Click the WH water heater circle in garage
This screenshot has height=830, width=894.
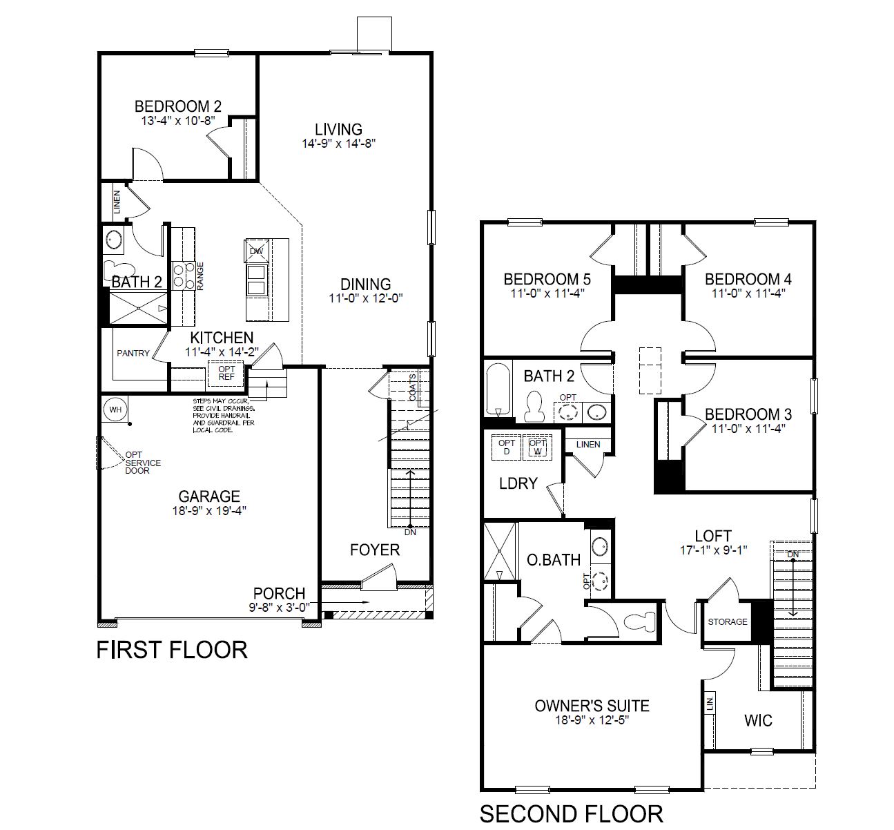(x=115, y=409)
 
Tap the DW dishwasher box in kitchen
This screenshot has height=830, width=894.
(x=257, y=251)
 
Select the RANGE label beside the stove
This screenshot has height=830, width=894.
(x=200, y=276)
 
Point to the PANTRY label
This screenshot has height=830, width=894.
(x=133, y=354)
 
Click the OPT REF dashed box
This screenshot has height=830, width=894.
(x=226, y=374)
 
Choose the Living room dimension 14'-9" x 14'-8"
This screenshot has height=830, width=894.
(x=338, y=144)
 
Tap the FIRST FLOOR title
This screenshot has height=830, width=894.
(x=172, y=650)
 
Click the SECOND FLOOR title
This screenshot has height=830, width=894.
(x=571, y=814)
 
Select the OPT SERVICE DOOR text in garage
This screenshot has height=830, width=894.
(x=143, y=463)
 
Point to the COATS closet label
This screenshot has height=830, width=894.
(x=412, y=387)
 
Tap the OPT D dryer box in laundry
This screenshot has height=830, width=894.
(x=507, y=447)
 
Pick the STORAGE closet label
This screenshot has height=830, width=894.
(x=728, y=622)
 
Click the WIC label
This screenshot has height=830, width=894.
(x=758, y=721)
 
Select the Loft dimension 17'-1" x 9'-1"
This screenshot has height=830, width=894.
(x=714, y=550)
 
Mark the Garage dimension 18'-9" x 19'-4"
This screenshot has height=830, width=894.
(x=209, y=511)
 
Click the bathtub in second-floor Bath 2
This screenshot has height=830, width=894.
(x=498, y=389)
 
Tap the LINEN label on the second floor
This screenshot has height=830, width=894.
(x=588, y=445)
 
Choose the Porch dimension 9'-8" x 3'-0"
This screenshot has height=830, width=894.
(x=279, y=608)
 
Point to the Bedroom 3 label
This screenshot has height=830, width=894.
(x=748, y=414)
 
